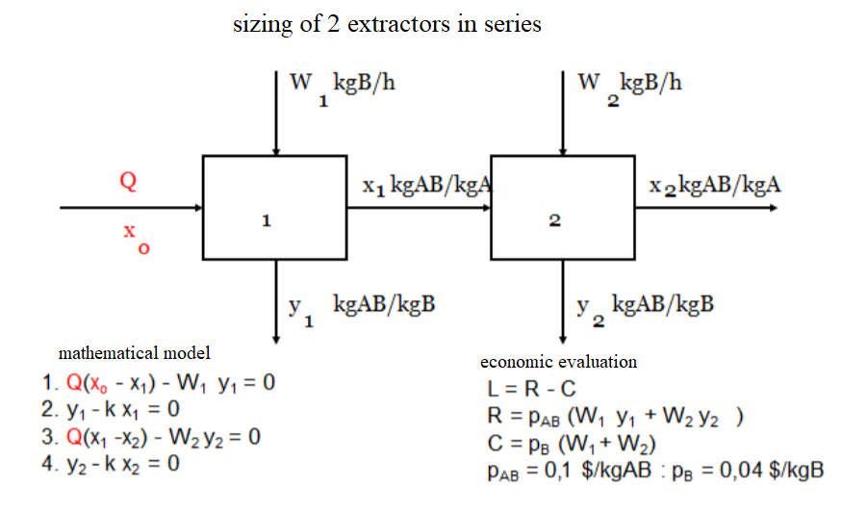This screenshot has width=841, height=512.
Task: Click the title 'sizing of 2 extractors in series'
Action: pos(387,24)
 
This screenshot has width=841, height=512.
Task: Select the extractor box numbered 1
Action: pos(274,207)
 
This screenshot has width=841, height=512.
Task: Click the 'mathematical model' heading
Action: pos(135,352)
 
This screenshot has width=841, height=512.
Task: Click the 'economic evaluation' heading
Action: pos(558,362)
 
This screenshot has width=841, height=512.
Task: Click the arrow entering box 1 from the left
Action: pos(131,207)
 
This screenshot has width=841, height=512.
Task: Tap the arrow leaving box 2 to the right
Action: pos(707,207)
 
